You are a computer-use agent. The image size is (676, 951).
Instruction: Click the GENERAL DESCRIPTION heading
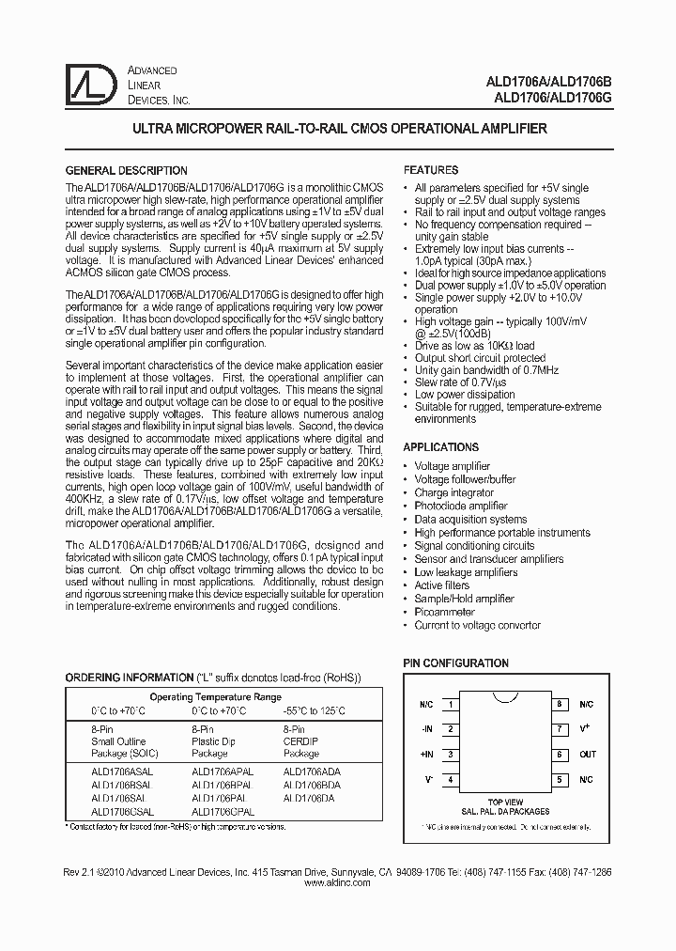pyautogui.click(x=125, y=171)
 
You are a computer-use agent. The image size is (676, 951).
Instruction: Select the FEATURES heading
pyautogui.click(x=430, y=171)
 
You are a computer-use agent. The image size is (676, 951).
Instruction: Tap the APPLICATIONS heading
pyautogui.click(x=441, y=447)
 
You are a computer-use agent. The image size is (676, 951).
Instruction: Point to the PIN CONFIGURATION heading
pyautogui.click(x=456, y=663)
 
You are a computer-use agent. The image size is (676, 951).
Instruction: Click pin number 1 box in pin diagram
pyautogui.click(x=452, y=704)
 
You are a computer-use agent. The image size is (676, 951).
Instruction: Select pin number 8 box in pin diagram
pyautogui.click(x=559, y=704)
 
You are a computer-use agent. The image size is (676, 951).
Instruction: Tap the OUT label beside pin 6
pyautogui.click(x=588, y=755)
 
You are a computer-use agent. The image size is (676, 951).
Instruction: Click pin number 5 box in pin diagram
pyautogui.click(x=559, y=780)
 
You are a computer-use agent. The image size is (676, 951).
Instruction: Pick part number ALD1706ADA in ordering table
pyautogui.click(x=312, y=771)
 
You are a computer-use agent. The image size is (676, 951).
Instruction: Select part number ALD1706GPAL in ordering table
pyautogui.click(x=223, y=810)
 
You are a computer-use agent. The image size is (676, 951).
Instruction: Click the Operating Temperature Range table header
pyautogui.click(x=215, y=697)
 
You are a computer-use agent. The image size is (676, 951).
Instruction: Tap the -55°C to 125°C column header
pyautogui.click(x=315, y=711)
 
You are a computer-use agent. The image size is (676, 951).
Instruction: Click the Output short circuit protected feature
pyautogui.click(x=480, y=358)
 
